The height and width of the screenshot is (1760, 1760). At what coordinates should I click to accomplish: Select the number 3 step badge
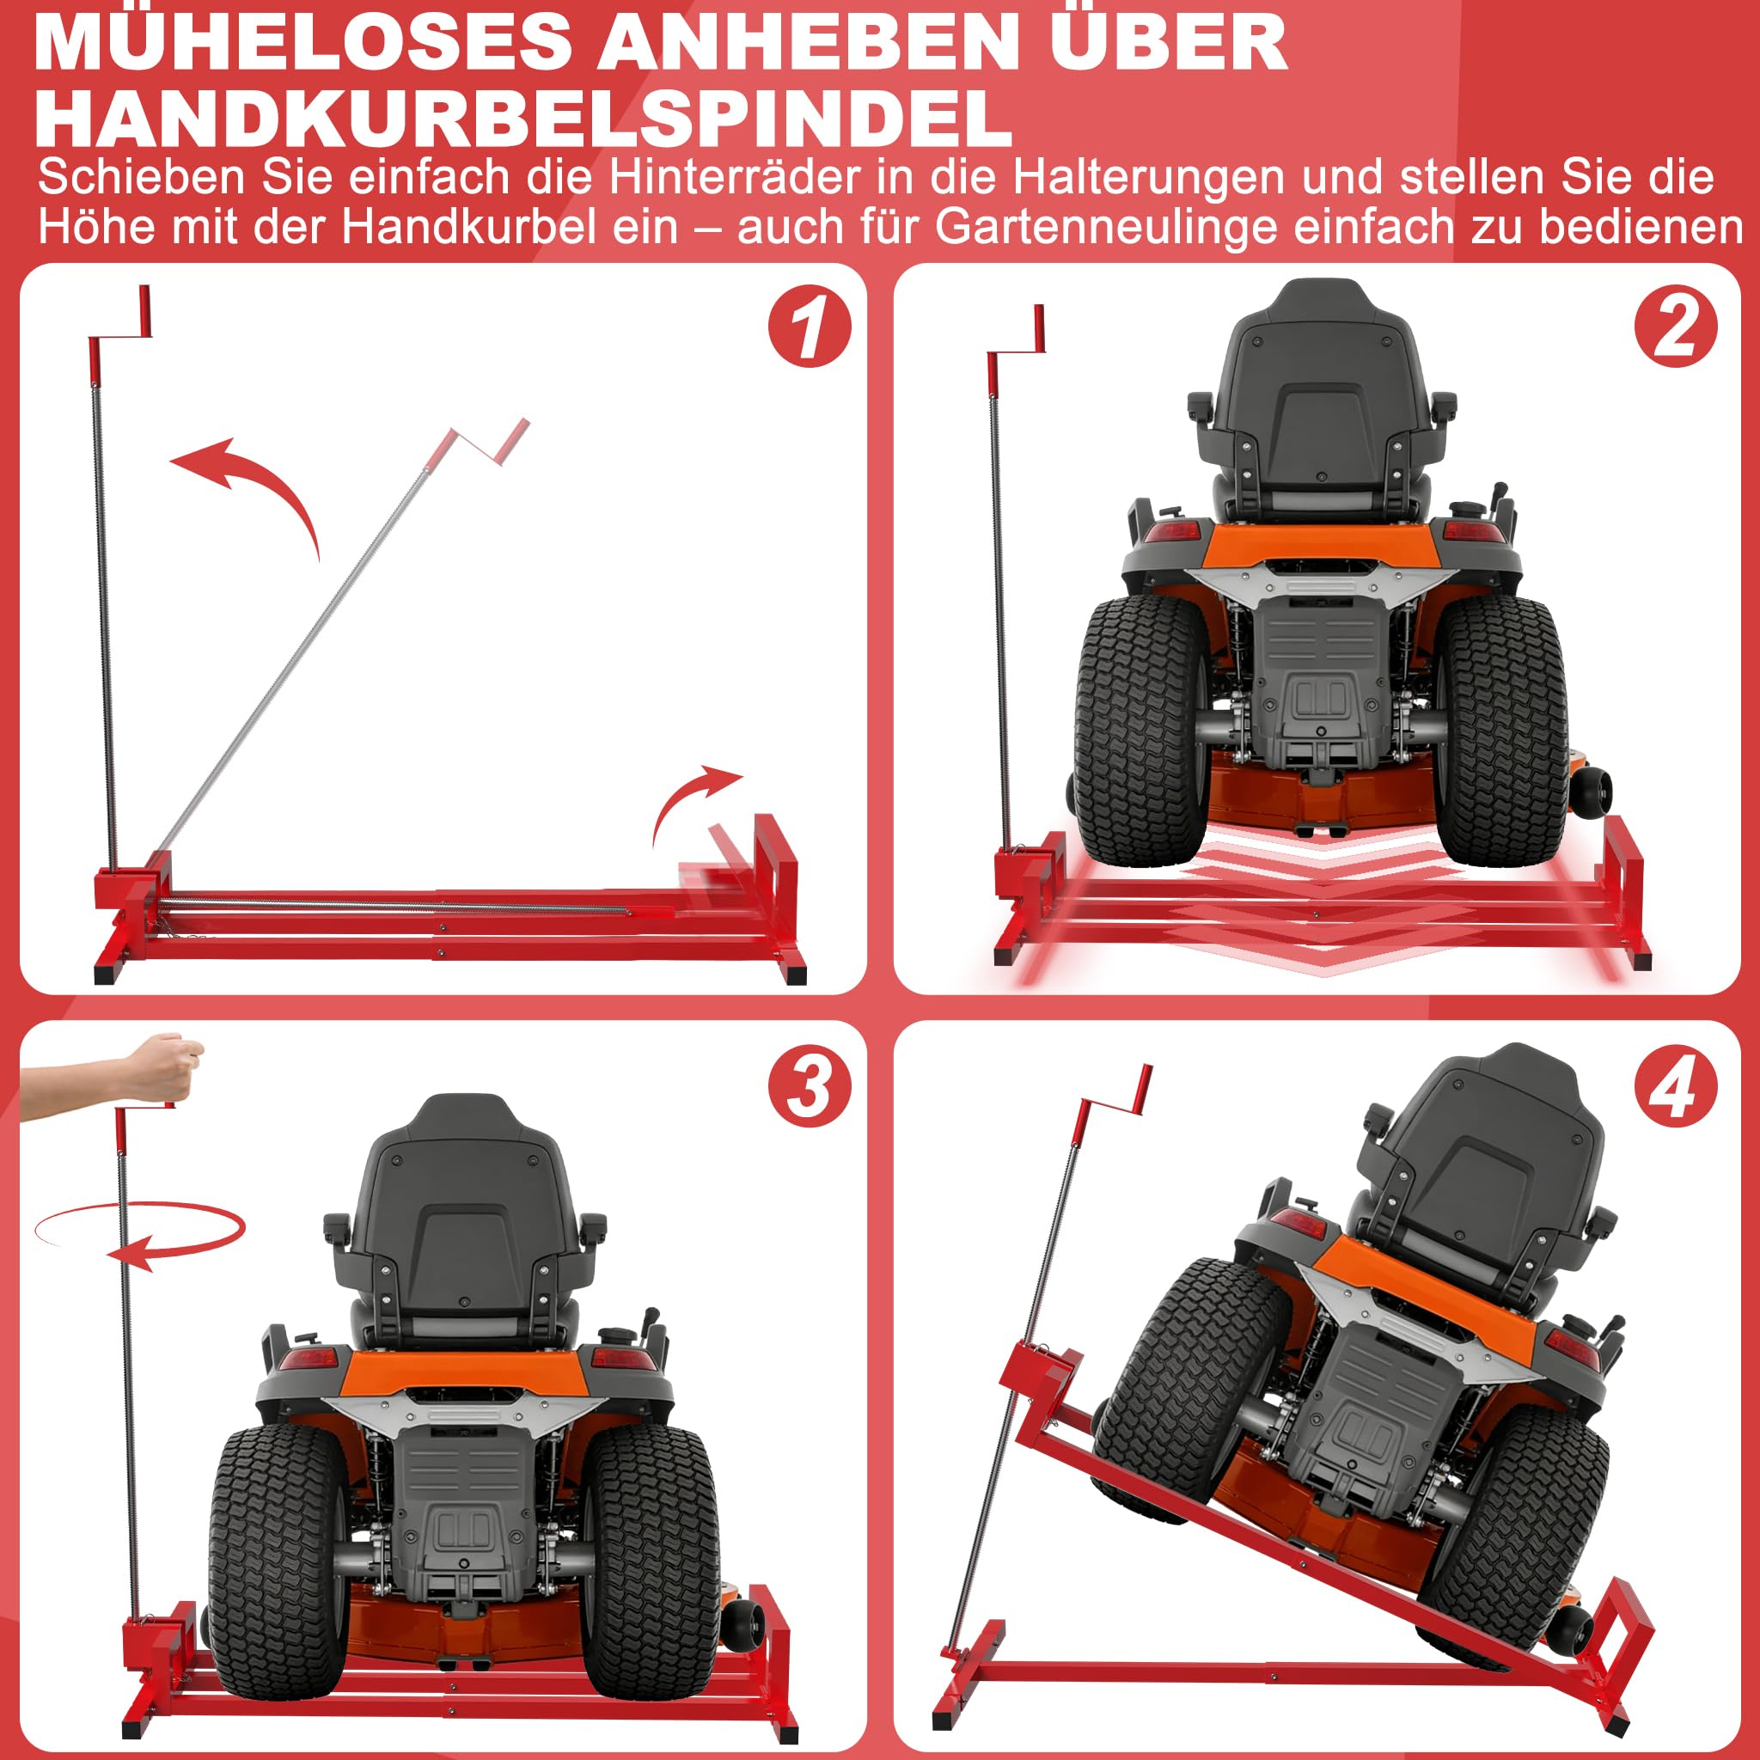(x=809, y=1085)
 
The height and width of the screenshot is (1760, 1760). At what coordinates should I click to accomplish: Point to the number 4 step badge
(x=1675, y=1085)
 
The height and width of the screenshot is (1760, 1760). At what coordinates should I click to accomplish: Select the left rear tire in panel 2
(x=1142, y=729)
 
